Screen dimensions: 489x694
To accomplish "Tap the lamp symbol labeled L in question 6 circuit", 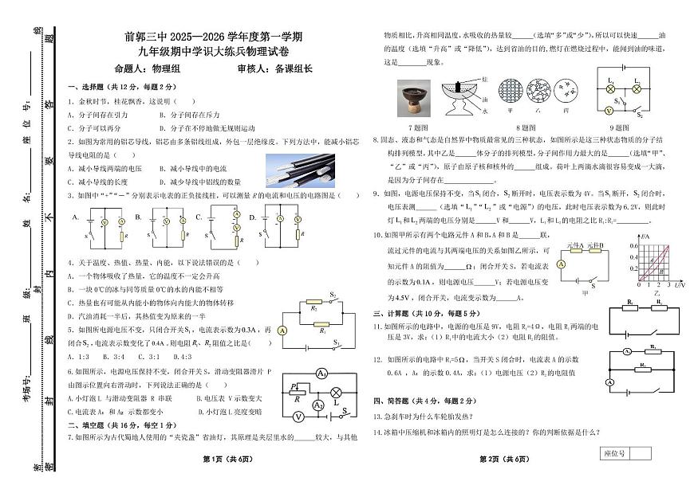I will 336,392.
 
